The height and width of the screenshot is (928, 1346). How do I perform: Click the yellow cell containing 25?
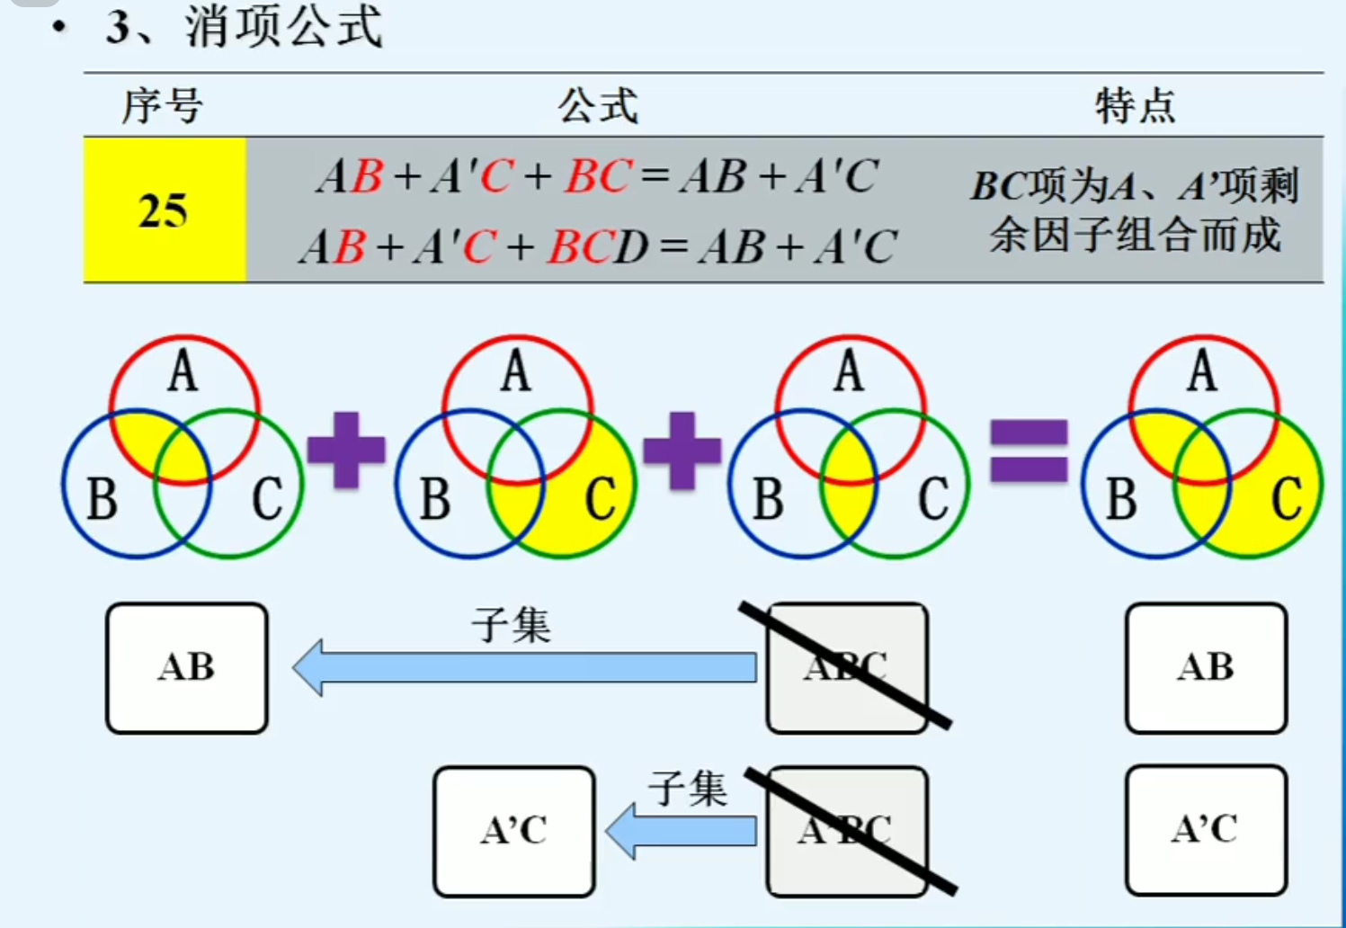click(164, 210)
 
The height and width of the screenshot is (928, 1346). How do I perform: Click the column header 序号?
click(163, 106)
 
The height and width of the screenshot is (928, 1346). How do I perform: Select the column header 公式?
click(598, 106)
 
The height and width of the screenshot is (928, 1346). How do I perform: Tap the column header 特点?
click(1135, 106)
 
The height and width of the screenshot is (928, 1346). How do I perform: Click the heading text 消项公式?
click(284, 27)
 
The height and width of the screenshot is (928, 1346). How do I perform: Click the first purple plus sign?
click(346, 450)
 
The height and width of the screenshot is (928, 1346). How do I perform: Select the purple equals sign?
click(1029, 451)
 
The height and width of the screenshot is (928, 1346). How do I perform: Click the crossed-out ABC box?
click(846, 667)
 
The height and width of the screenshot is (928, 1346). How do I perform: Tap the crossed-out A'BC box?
click(846, 831)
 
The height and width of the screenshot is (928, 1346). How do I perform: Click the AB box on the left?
click(187, 668)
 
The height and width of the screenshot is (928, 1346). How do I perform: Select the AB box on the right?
click(1206, 668)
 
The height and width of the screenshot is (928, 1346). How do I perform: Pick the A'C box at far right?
click(1206, 830)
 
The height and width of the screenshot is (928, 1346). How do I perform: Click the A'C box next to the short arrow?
click(514, 831)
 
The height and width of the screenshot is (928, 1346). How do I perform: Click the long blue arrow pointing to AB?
click(526, 667)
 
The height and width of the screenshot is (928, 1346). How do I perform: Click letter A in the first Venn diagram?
click(183, 371)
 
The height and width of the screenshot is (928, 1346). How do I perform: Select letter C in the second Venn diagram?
click(601, 499)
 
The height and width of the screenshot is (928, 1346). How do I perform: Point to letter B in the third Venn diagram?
click(767, 499)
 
